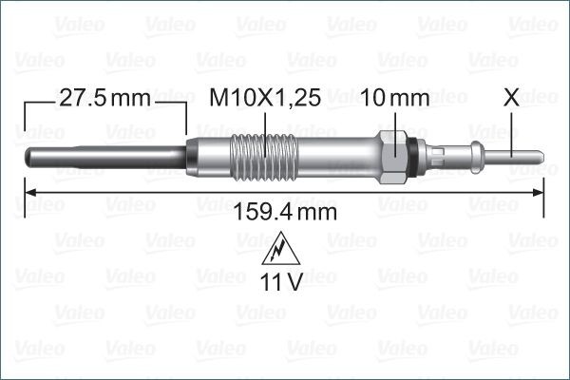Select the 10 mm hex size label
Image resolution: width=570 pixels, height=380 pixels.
tap(397, 98)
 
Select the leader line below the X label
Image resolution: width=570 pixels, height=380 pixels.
tap(513, 128)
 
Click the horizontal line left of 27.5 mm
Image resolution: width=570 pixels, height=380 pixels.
tap(38, 98)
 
